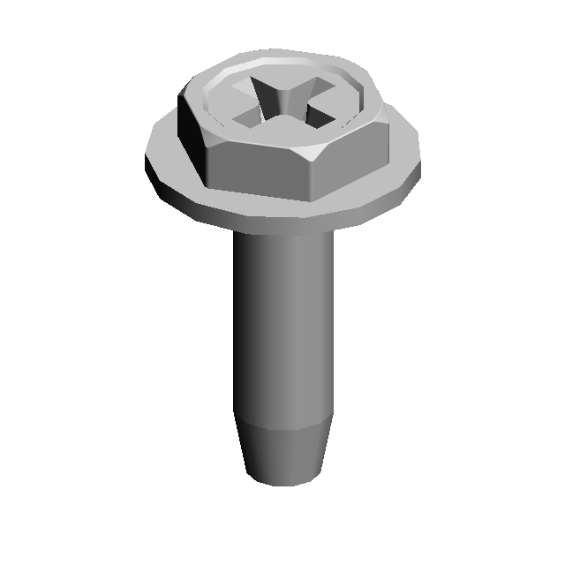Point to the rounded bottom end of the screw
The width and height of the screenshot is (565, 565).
[x=282, y=482]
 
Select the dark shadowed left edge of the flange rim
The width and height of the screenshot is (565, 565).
[x=154, y=181]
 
